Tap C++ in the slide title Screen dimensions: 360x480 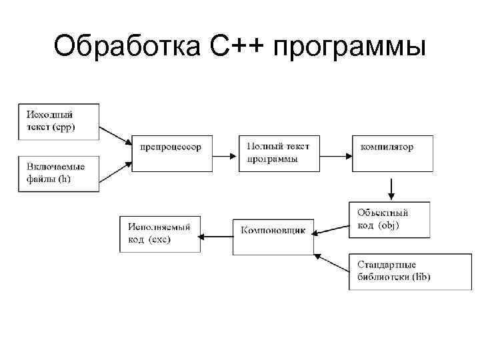point(233,47)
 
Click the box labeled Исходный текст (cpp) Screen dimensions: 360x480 point(59,121)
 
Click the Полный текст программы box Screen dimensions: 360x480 point(279,153)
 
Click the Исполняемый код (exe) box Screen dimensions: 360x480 point(160,233)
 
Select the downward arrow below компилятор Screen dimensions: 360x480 point(391,189)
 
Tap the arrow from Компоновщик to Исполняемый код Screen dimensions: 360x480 point(217,235)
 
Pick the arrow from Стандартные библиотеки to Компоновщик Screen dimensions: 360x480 point(331,263)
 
